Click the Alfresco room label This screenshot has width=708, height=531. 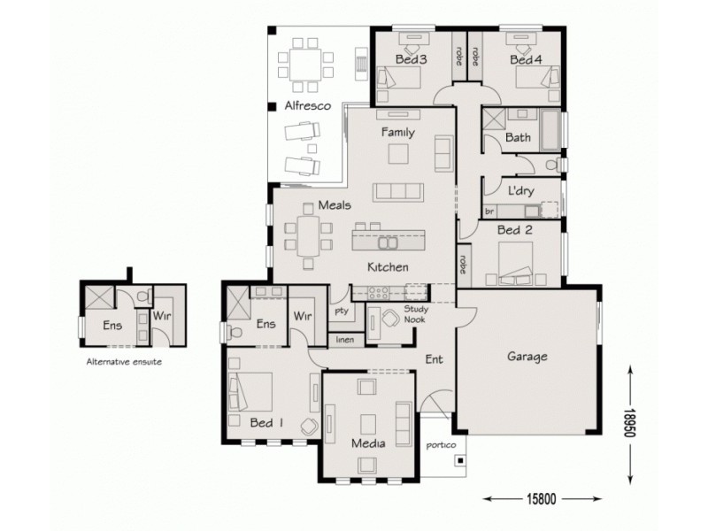(307, 105)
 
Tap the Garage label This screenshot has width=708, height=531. (527, 358)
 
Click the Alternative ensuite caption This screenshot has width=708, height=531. (124, 362)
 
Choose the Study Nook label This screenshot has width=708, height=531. (415, 314)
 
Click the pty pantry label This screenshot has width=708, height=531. (341, 311)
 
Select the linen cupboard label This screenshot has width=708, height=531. (344, 338)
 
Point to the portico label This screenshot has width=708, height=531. (439, 446)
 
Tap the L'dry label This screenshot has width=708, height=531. (520, 190)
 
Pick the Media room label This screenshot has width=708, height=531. (367, 443)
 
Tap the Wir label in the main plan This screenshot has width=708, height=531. (304, 315)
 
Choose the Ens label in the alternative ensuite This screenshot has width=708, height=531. (112, 326)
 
